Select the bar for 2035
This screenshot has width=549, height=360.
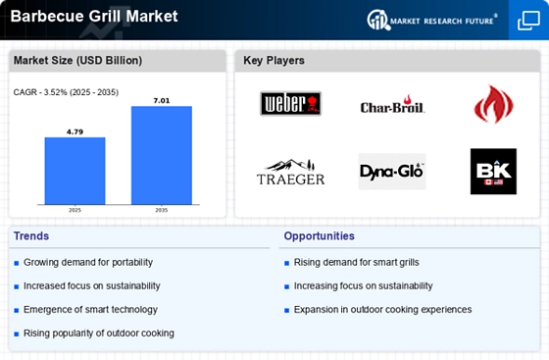[x=161, y=155]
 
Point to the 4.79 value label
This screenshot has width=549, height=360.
[x=75, y=129]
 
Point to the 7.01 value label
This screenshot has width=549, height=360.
[x=161, y=99]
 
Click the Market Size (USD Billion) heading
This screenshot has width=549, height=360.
[x=77, y=61]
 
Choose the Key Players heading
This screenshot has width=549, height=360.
[x=274, y=61]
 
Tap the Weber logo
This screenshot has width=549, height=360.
[x=290, y=104]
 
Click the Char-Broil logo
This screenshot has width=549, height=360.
[x=391, y=106]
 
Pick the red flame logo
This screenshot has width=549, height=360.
[x=492, y=104]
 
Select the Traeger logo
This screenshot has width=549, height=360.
[x=290, y=173]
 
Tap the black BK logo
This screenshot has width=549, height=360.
[x=492, y=172]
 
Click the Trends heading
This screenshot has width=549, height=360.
[x=31, y=236]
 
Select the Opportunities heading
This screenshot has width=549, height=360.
[x=319, y=236]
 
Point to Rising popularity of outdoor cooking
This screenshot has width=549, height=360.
[x=98, y=334]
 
